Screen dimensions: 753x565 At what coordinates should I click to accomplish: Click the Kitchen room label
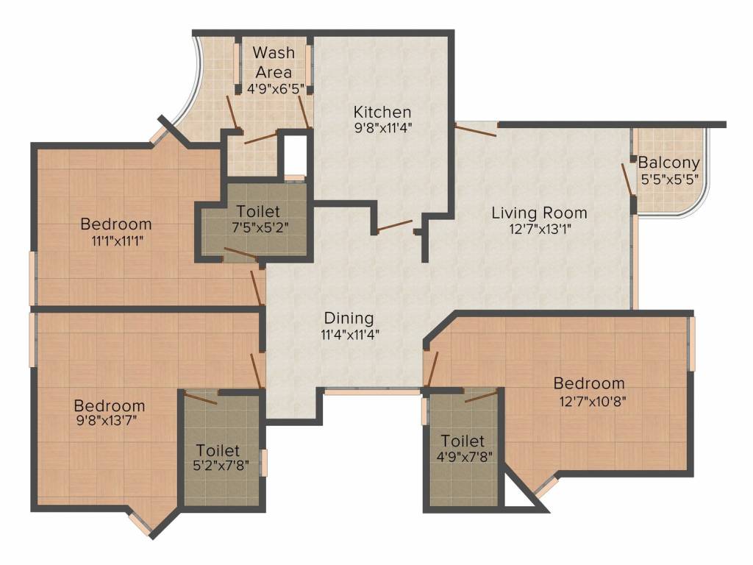click(382, 112)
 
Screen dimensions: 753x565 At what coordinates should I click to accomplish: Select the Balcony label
click(668, 163)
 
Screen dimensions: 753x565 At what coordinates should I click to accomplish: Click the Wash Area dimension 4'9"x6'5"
click(274, 89)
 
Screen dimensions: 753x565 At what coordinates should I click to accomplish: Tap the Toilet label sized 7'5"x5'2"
click(258, 211)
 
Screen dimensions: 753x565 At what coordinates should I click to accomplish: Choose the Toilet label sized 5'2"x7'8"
click(218, 450)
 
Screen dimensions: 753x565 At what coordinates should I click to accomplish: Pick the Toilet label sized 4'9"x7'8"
click(463, 441)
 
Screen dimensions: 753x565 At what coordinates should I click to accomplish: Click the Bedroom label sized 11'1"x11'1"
click(116, 224)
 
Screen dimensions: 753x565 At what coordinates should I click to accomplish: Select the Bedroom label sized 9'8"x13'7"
click(110, 405)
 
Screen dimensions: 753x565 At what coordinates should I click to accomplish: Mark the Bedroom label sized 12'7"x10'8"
click(589, 383)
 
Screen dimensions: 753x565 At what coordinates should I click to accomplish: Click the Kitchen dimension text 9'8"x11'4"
click(382, 127)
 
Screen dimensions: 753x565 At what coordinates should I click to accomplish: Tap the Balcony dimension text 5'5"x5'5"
click(669, 179)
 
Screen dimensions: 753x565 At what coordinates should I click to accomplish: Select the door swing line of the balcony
click(627, 180)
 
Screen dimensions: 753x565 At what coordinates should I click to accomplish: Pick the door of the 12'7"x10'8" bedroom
click(432, 369)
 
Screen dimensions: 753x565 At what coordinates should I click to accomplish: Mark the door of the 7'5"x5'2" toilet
click(240, 254)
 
